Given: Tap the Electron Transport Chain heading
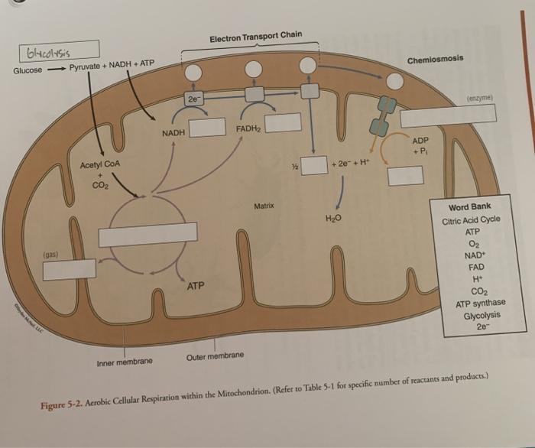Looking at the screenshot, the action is click(255, 36).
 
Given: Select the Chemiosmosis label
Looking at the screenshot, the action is click(435, 60).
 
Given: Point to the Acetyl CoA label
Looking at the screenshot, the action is click(99, 165).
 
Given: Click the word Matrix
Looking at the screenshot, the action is click(264, 206).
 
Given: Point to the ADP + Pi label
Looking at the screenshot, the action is click(421, 147).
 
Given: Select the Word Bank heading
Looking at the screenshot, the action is click(471, 207).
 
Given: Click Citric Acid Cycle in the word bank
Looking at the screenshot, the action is click(471, 219).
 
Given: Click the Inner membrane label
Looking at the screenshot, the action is click(125, 361).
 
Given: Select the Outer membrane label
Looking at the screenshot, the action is click(215, 356).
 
